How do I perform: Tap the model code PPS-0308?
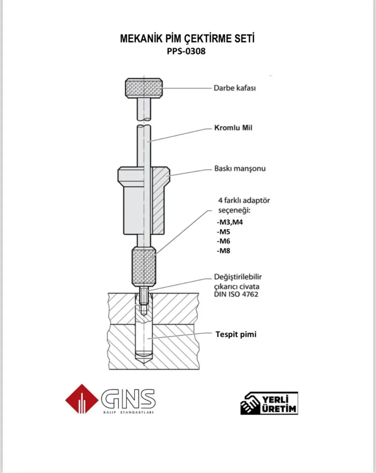coord(186,51)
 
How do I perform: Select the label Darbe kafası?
coord(235,88)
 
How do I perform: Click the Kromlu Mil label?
coord(233,128)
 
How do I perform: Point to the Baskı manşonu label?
coord(240,169)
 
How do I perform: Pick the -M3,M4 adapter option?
coord(230,222)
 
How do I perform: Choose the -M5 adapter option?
coord(223,232)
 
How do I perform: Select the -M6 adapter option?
coord(223,241)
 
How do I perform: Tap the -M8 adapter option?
coord(223,251)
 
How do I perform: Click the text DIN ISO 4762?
coord(236,294)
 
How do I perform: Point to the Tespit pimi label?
coord(236,334)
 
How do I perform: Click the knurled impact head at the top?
coord(144,88)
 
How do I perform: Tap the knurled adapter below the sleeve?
coord(144,266)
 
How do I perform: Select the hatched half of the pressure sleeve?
coord(159,200)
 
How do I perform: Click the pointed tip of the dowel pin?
coord(144,365)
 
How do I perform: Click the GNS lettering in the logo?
coord(128,398)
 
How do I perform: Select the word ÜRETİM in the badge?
coord(279,409)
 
